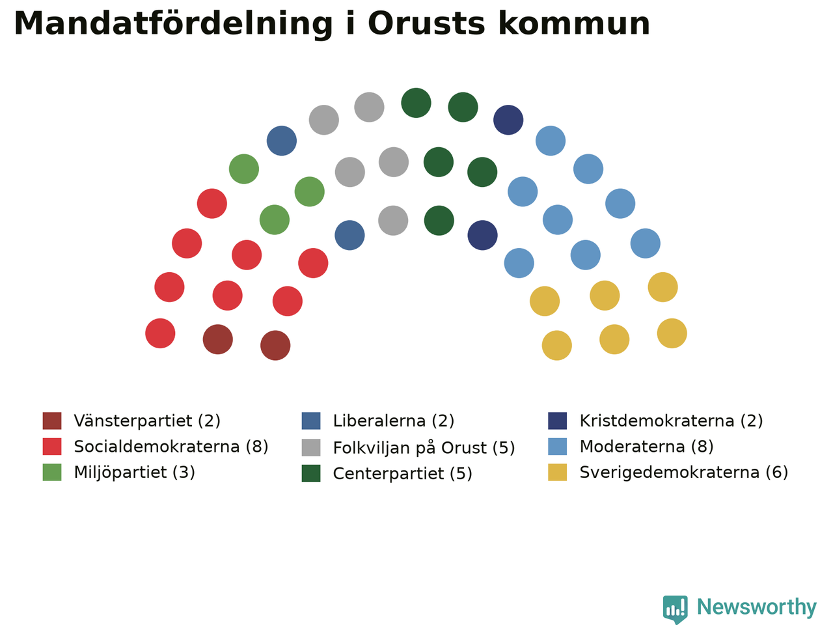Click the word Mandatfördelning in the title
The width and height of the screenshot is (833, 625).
pos(173,24)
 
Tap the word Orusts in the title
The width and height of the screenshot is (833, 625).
pos(426,23)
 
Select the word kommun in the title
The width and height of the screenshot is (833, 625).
pos(574,23)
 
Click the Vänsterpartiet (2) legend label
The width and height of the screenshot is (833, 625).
pos(147,421)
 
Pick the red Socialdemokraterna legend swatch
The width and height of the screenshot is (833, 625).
pos(52,447)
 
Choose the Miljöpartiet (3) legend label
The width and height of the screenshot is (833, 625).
pos(134,473)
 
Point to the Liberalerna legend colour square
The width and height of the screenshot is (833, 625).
pos(311,421)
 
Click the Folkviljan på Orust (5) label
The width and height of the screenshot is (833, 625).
pos(424,448)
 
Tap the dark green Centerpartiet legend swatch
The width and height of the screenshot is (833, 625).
pos(311,473)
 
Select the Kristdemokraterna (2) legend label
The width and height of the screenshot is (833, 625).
pos(671,421)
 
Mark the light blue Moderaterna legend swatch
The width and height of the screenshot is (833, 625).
pos(558,447)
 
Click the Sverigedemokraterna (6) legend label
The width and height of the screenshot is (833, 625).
pos(684,473)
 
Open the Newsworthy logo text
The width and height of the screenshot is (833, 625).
pos(757,606)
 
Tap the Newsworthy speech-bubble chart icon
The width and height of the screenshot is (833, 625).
pos(675,609)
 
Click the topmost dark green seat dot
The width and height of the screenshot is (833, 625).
pos(416,103)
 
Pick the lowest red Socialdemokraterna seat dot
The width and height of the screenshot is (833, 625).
pos(160,333)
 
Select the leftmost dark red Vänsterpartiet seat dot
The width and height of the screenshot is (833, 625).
pos(218,339)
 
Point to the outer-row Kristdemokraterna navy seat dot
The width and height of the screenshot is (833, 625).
pos(508,120)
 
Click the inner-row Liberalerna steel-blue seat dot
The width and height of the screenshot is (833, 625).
pos(349,235)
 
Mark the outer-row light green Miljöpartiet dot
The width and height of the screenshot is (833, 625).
pos(244,169)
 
